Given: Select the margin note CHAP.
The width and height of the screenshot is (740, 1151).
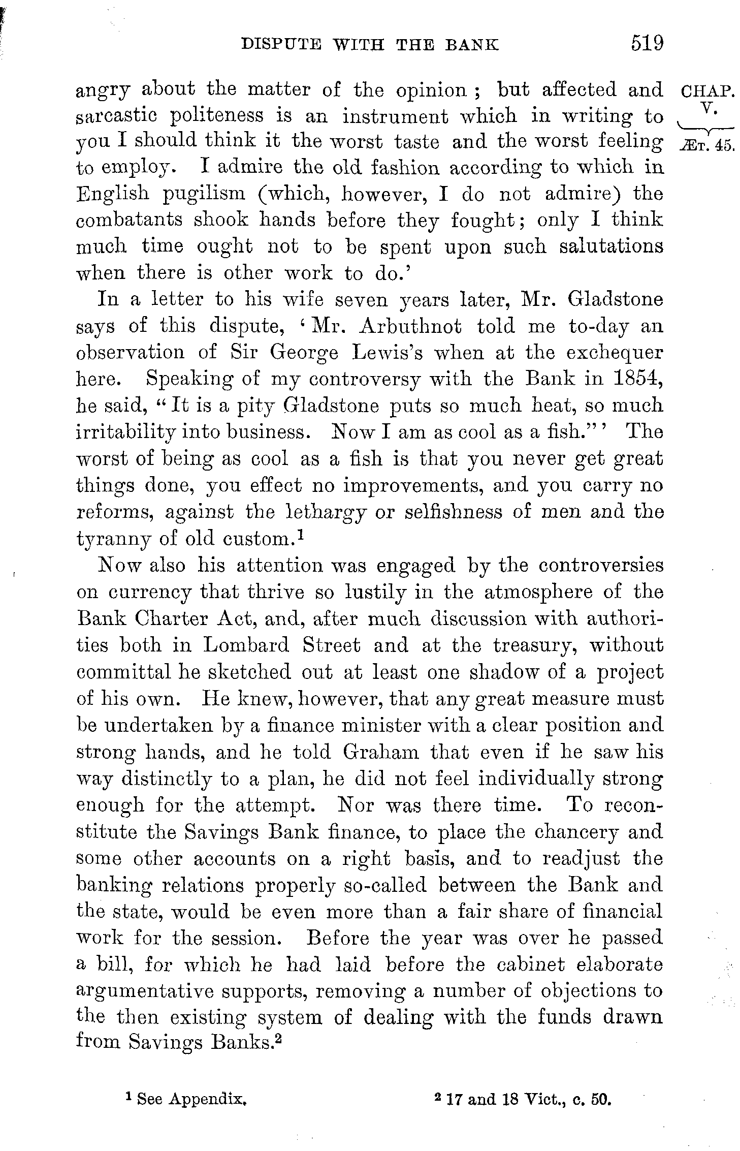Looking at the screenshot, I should [x=706, y=92].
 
